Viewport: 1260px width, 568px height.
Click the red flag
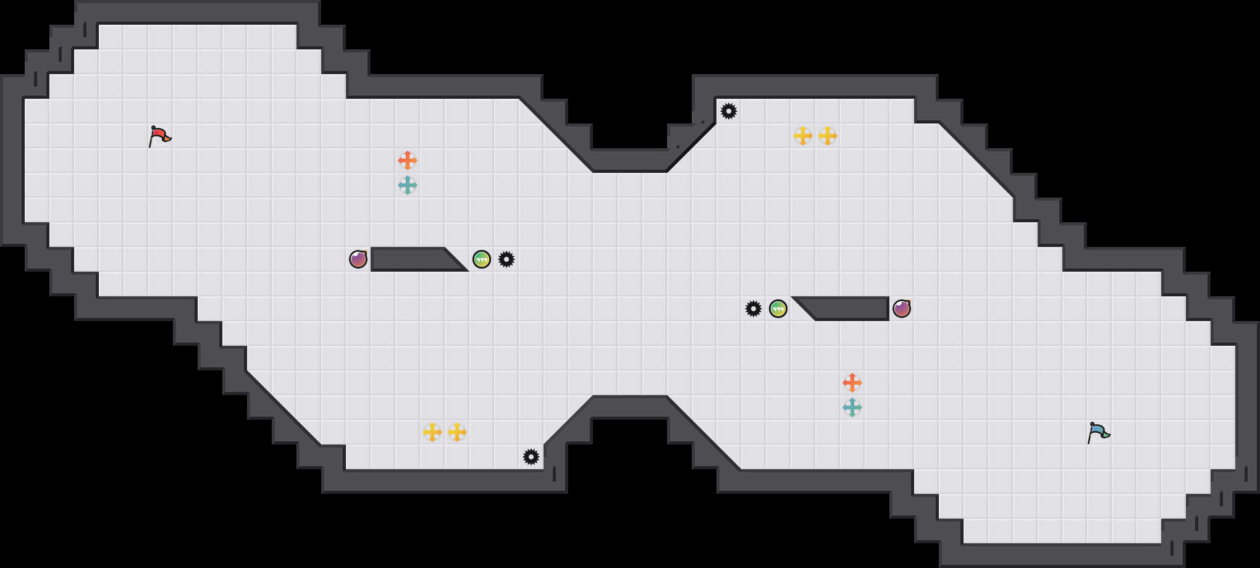coord(159,136)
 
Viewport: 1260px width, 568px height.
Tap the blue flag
coord(1098,432)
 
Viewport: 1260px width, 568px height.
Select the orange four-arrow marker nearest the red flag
coord(408,161)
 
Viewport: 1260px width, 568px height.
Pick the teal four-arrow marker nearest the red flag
coord(408,185)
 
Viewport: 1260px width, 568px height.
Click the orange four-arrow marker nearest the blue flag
coord(852,383)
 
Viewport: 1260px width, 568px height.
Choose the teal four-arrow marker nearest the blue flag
coord(852,407)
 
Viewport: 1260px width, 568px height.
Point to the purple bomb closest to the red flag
coord(358,259)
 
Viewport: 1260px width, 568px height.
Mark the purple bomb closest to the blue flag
coord(902,309)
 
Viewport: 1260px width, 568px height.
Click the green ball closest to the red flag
coord(482,259)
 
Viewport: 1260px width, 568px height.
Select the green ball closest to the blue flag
coord(778,309)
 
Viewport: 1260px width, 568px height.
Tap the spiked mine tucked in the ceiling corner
coord(729,111)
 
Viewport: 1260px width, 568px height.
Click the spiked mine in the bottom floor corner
coord(531,457)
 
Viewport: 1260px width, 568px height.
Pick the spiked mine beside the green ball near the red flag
coord(506,259)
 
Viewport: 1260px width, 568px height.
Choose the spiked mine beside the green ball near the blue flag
coord(754,309)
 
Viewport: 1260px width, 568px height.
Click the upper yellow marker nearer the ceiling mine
coord(803,136)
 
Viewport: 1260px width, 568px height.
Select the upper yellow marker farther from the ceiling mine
coord(828,136)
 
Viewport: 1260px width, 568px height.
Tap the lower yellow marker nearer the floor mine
coord(457,432)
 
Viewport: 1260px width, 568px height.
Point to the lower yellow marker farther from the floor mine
coord(432,432)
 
